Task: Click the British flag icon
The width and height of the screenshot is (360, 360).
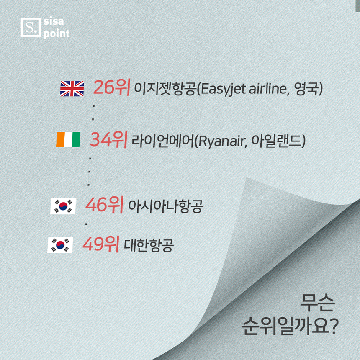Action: [72, 88]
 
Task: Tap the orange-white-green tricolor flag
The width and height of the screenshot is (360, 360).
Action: [68, 139]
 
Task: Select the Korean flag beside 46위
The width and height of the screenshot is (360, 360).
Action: [63, 206]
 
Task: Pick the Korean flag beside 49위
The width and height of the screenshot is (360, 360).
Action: [60, 245]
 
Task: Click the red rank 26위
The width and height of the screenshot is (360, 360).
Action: [112, 87]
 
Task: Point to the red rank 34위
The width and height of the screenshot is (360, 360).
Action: [108, 139]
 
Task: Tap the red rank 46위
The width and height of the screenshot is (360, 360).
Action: [105, 205]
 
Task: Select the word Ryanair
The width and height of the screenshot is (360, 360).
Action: [221, 141]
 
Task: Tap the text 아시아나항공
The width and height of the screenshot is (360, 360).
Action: [165, 206]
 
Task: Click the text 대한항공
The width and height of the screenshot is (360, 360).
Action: [149, 245]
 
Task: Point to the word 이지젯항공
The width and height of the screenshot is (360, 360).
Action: [165, 89]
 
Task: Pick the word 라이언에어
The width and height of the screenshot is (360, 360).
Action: [163, 141]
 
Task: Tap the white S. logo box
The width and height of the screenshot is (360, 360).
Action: [31, 27]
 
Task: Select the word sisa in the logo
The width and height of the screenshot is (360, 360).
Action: [54, 21]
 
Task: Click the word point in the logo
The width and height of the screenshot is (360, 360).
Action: [57, 33]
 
